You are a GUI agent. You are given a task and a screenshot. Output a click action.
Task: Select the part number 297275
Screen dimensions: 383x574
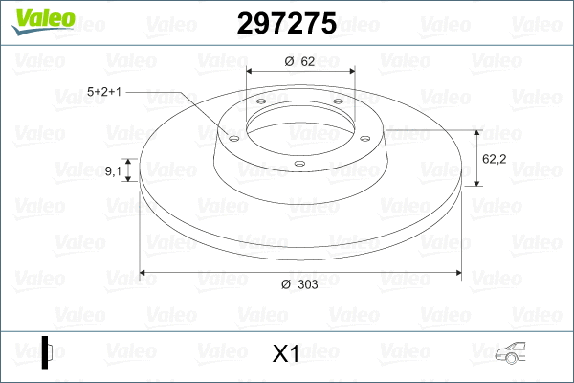[x=286, y=24]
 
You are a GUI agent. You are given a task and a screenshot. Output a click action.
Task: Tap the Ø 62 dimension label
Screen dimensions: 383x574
[x=300, y=60]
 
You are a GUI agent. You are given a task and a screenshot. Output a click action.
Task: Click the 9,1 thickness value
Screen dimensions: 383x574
[x=113, y=170]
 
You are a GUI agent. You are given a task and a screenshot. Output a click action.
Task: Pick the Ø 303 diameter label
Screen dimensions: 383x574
[x=300, y=283]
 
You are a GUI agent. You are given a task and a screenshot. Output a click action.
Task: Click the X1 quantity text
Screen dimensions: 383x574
[x=286, y=354]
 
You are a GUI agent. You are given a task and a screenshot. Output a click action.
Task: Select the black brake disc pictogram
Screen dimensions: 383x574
[x=48, y=351]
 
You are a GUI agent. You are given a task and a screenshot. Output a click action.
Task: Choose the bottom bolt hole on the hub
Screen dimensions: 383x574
[x=299, y=163]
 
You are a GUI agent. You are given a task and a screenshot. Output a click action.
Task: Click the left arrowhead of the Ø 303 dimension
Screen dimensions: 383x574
[x=144, y=273]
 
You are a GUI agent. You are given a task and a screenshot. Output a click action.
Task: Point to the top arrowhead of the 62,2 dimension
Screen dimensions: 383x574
[x=476, y=132]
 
